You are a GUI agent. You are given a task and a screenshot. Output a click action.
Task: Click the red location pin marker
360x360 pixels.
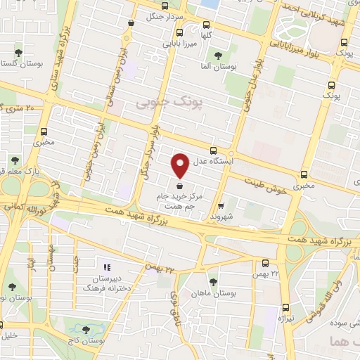pos(181,165)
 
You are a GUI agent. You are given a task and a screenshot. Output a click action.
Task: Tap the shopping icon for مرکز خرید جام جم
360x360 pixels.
pos(181,186)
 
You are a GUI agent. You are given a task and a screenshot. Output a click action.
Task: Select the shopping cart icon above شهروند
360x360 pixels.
pos(221,206)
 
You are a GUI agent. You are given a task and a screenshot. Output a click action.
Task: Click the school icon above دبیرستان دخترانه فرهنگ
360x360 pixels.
pos(107,267)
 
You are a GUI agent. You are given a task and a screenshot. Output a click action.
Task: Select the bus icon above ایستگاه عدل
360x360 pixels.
pos(214,149)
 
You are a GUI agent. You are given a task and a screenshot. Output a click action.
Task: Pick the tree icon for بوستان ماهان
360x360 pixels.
pos(213,281)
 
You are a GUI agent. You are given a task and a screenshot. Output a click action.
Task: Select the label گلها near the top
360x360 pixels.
pos(206,34)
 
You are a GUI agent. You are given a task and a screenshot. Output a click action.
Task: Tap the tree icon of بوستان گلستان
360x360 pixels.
pos(19,52)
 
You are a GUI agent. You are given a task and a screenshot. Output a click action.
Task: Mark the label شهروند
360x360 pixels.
pos(221,217)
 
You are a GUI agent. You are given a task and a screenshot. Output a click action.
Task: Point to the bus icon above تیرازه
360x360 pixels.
pos(286,307)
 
